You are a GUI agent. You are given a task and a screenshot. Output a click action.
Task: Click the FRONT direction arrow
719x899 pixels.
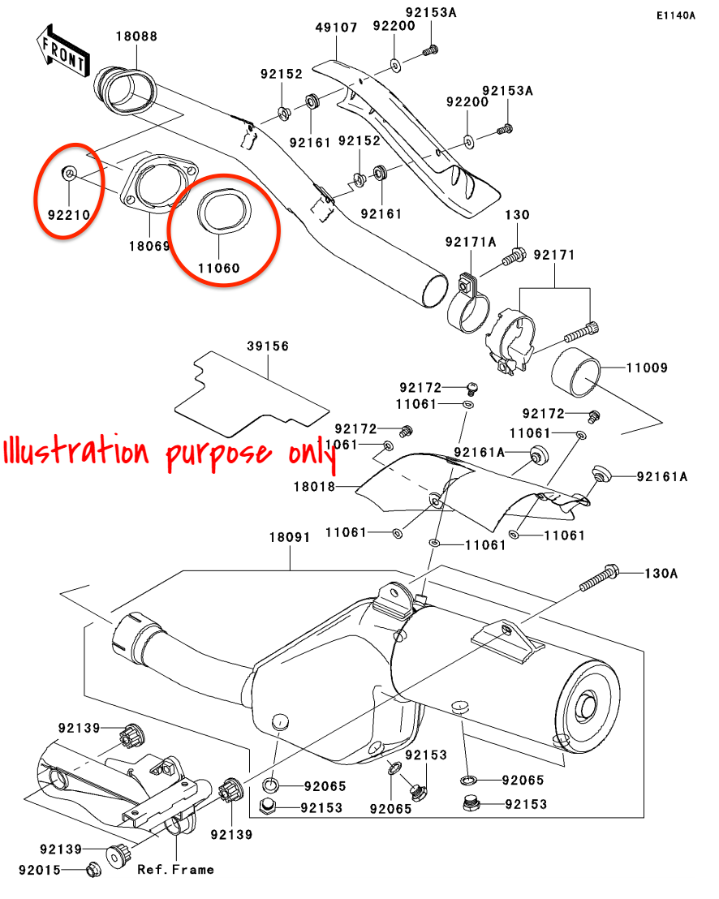[x=62, y=49]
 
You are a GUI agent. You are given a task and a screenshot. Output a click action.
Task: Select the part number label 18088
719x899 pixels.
[x=136, y=37]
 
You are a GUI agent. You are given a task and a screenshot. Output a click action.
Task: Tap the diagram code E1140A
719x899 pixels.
[x=676, y=15]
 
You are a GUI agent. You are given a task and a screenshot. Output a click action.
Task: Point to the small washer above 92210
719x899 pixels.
[x=70, y=172]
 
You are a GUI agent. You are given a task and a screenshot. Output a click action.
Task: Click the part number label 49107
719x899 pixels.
[x=336, y=27]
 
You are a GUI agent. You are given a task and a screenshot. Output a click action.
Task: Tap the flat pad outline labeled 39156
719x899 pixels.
[x=243, y=389]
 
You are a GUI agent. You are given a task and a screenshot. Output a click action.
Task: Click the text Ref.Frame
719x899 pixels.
[x=175, y=869]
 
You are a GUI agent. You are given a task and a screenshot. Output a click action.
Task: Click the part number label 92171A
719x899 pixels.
[x=470, y=243]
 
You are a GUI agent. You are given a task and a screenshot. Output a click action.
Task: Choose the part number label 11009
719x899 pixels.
[x=646, y=368]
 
